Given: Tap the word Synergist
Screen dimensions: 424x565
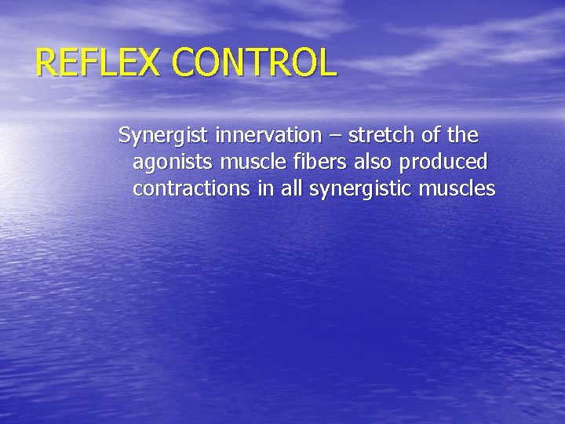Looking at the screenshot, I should coord(163,136).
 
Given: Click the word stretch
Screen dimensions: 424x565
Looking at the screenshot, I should coord(379,135).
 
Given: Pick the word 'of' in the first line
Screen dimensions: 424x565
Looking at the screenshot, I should coord(430,135).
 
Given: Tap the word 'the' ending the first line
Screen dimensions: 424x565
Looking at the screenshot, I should coord(464,135).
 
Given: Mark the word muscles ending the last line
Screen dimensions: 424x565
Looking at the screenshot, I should coord(458,188).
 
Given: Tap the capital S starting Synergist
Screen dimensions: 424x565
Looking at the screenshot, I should coord(124,135).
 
